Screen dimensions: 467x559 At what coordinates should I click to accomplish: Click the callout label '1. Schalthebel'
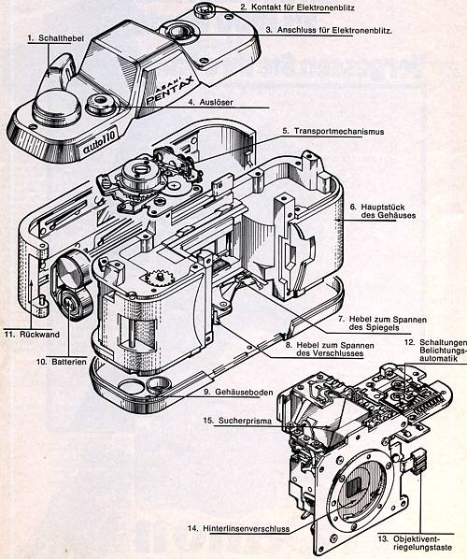56,38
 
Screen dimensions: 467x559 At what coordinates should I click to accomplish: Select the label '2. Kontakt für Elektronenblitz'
297,7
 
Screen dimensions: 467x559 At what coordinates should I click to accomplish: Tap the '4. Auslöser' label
211,102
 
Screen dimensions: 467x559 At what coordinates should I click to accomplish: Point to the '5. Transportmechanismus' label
333,131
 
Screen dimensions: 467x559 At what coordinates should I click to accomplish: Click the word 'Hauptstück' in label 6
383,207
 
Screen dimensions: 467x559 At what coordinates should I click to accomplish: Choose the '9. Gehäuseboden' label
239,392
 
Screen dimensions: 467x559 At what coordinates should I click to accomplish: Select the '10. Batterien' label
62,362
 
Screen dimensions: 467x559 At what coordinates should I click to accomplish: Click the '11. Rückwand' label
32,335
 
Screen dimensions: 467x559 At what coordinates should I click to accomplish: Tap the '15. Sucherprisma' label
237,421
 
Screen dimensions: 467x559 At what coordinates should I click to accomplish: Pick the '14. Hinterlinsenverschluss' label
239,528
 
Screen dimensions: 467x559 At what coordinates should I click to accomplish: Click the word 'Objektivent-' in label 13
417,538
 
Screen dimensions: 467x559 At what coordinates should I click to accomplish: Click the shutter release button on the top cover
101,104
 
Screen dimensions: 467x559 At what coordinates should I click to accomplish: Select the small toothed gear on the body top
161,278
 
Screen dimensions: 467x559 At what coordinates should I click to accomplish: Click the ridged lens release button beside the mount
418,461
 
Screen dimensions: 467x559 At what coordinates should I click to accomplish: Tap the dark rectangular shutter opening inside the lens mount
354,487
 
